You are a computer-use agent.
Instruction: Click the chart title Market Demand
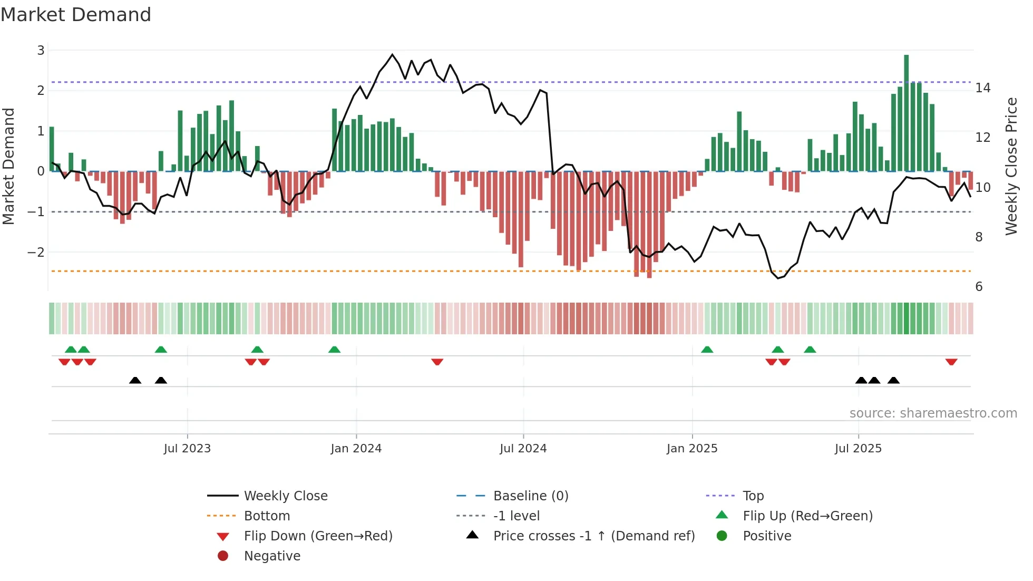(76, 14)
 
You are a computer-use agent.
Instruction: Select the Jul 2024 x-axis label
(523, 448)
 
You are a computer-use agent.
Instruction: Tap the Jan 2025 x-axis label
(691, 448)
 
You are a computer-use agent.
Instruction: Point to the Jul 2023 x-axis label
(187, 448)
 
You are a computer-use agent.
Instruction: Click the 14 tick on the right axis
(982, 88)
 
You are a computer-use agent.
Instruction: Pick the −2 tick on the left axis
(36, 252)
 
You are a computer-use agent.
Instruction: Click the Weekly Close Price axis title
(1011, 166)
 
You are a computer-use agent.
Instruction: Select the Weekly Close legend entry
(285, 496)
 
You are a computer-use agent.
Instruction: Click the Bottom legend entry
(267, 516)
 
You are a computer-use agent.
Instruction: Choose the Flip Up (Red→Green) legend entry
(807, 516)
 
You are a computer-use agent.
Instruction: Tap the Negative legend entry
(272, 556)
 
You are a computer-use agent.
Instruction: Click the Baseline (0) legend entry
(530, 496)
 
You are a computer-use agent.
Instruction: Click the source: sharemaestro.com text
(933, 413)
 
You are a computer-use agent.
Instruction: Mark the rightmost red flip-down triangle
(951, 362)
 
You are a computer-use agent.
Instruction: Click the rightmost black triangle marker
(893, 380)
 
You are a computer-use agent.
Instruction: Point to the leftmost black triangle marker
(135, 380)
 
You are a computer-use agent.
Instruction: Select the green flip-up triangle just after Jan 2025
(707, 350)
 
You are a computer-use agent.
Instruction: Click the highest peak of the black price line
(392, 54)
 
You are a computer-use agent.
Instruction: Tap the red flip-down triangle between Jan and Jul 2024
(437, 362)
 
